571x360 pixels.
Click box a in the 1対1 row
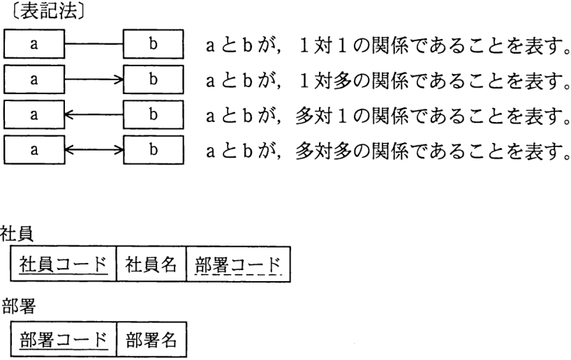pos(34,44)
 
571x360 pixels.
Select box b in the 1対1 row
pos(154,44)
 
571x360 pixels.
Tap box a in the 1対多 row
pos(34,80)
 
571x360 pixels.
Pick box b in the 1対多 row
pos(154,80)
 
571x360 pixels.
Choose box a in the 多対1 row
pos(34,114)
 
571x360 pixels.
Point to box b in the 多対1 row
pos(154,114)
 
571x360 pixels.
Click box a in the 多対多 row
pos(34,150)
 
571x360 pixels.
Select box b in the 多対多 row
pos(154,150)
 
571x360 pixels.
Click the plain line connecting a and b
pos(94,44)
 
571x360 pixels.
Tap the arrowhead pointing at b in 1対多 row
pos(119,80)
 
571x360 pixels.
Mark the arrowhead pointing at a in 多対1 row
pos(68,114)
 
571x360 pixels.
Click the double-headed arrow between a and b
pos(94,150)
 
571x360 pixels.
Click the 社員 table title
pos(17,234)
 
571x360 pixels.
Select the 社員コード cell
pos(64,264)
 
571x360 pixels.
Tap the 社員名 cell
pos(151,264)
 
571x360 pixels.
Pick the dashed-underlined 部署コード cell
pos(238,264)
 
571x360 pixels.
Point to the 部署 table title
pos(18,306)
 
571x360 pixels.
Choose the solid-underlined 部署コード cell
pos(64,339)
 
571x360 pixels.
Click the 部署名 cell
pos(151,339)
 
